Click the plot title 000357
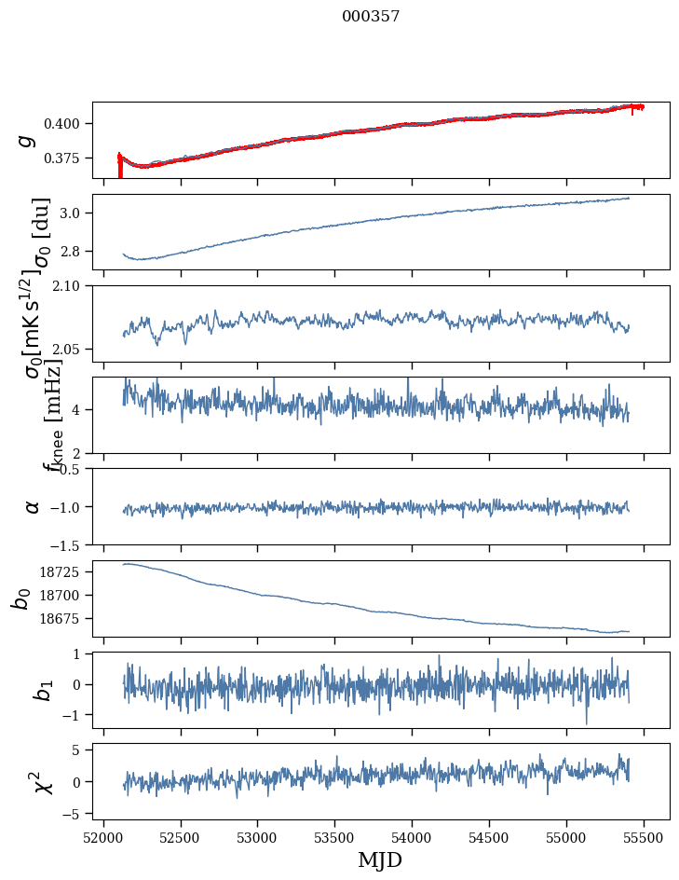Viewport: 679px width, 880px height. point(371,17)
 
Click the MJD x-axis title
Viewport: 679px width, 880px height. point(380,859)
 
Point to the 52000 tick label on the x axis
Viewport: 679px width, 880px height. point(103,837)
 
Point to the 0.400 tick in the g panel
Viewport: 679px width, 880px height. point(66,123)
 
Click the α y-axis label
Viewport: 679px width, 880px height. point(33,506)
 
